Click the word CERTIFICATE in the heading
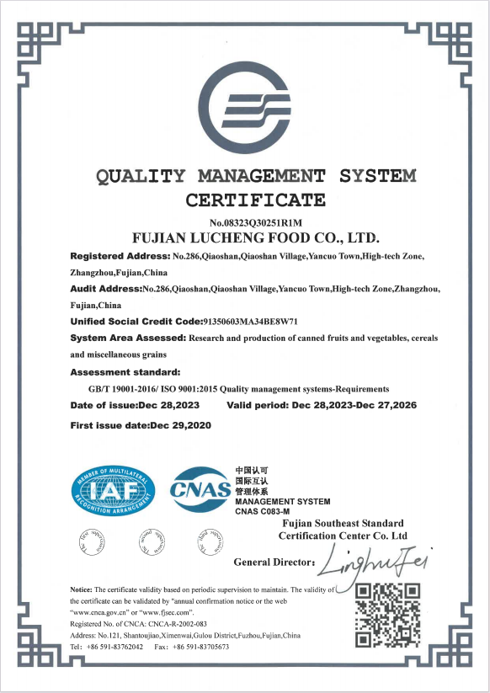255,200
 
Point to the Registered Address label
120,255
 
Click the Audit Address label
106,289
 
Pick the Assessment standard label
125,371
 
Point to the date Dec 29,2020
180,425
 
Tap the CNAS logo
200,489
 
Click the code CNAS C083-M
262,511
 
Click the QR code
387,612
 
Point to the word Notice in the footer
81,589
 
